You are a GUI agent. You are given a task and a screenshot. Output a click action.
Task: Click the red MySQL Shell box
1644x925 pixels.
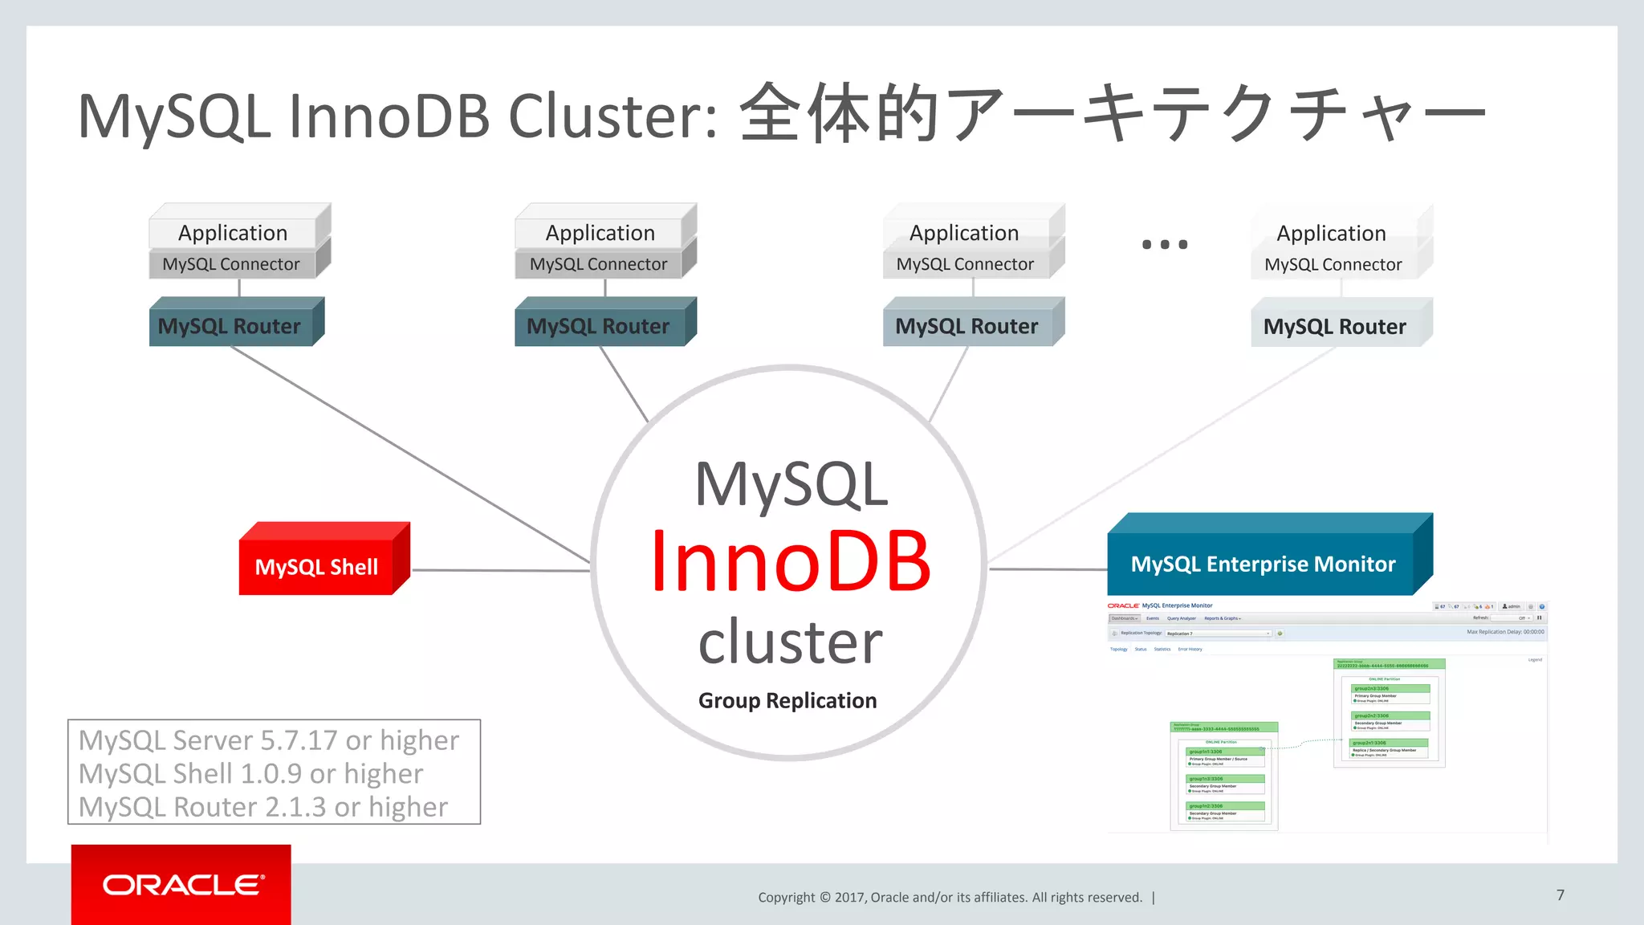pyautogui.click(x=317, y=566)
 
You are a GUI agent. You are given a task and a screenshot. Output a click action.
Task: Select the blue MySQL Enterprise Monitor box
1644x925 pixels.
pyautogui.click(x=1262, y=564)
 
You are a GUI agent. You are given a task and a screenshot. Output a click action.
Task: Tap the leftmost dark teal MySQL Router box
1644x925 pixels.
pyautogui.click(x=230, y=326)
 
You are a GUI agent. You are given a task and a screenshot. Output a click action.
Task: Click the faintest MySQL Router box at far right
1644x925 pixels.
pyautogui.click(x=1334, y=326)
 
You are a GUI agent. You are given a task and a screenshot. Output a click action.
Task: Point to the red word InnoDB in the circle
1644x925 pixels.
pyautogui.click(x=791, y=561)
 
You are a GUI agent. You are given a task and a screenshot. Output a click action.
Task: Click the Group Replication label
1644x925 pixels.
pyautogui.click(x=787, y=700)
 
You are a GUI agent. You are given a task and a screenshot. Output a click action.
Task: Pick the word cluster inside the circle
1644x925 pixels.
pyautogui.click(x=791, y=642)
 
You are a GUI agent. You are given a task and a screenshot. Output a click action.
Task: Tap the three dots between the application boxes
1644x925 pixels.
pyautogui.click(x=1165, y=244)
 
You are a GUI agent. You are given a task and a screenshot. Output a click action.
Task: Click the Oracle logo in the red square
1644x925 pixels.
pyautogui.click(x=182, y=885)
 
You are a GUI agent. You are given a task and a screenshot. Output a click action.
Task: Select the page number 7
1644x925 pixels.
pyautogui.click(x=1561, y=894)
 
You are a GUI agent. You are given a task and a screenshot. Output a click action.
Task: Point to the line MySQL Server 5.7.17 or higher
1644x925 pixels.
pyautogui.click(x=269, y=740)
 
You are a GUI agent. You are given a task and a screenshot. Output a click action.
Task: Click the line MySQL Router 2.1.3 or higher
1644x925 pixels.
pyautogui.click(x=263, y=807)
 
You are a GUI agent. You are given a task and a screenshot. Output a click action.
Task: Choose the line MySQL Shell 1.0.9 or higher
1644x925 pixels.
pyautogui.click(x=250, y=773)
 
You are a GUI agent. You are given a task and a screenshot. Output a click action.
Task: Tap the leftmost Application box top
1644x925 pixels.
pyautogui.click(x=233, y=233)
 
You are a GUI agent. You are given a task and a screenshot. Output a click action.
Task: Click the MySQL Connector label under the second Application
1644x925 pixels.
pyautogui.click(x=599, y=264)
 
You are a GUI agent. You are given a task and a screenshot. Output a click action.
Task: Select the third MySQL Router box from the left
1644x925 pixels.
pyautogui.click(x=966, y=326)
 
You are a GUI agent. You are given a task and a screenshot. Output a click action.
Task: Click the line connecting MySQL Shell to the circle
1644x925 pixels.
pyautogui.click(x=501, y=570)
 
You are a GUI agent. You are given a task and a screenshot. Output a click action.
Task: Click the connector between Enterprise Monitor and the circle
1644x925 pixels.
pyautogui.click(x=1048, y=569)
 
